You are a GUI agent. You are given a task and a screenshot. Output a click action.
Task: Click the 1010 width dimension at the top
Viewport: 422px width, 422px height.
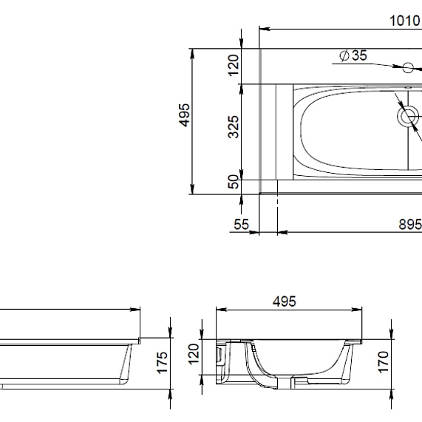pos(406,21)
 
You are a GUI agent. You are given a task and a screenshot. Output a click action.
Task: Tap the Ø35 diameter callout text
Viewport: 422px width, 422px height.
pos(353,55)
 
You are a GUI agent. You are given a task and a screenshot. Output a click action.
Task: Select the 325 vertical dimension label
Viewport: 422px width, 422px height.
pos(234,127)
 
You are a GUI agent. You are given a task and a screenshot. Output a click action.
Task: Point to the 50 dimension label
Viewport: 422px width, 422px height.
pos(234,182)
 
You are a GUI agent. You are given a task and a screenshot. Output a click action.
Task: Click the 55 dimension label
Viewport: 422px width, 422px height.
pos(242,224)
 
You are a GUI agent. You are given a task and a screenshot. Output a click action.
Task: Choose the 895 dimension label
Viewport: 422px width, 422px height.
pos(410,224)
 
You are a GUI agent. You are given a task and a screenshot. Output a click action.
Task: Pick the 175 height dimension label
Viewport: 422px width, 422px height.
pos(163,363)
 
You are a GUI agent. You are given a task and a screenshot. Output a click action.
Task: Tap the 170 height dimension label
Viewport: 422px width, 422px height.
pos(384,362)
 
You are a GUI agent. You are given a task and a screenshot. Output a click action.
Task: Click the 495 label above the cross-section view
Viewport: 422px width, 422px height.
pos(285,302)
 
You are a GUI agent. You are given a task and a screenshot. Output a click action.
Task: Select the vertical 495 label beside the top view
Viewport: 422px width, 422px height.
pos(184,115)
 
